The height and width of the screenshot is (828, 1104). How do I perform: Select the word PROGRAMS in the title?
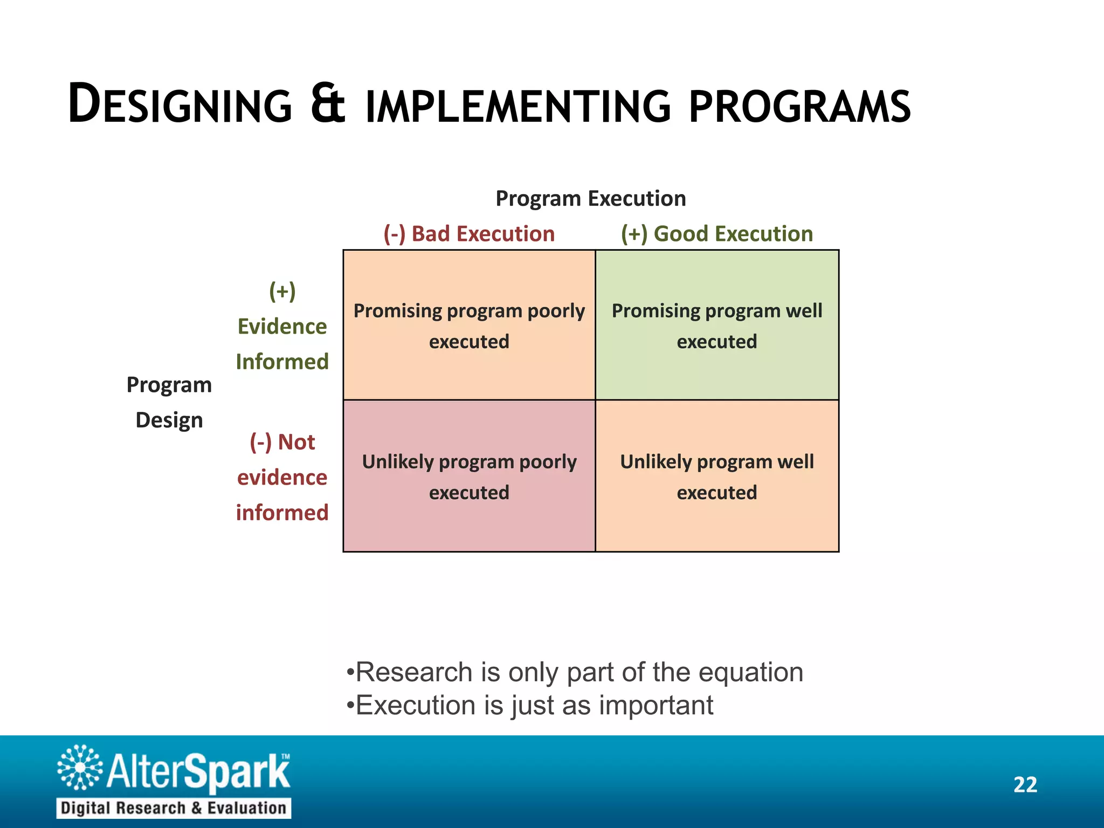[x=800, y=106]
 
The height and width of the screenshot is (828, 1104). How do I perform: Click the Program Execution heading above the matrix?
[x=590, y=199]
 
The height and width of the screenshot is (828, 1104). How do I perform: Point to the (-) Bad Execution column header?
[x=469, y=234]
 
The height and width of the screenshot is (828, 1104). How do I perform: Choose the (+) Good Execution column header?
[x=716, y=234]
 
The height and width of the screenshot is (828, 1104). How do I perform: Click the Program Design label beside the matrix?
[x=169, y=402]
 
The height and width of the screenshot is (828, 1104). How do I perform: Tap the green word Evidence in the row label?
[x=282, y=327]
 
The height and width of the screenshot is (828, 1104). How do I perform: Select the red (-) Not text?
[x=282, y=442]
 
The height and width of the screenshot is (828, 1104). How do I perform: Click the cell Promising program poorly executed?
[x=469, y=326]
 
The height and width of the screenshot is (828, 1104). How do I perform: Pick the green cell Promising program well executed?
[x=716, y=326]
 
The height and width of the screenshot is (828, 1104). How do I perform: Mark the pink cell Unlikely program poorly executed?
[x=469, y=477]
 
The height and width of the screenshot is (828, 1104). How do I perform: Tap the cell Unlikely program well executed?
[x=716, y=477]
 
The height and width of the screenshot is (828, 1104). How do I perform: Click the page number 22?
[x=1025, y=785]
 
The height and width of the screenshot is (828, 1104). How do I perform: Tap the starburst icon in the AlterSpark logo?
[x=80, y=768]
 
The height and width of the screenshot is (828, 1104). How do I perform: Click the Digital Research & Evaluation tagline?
[x=174, y=808]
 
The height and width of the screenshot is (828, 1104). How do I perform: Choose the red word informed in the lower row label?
[x=282, y=513]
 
